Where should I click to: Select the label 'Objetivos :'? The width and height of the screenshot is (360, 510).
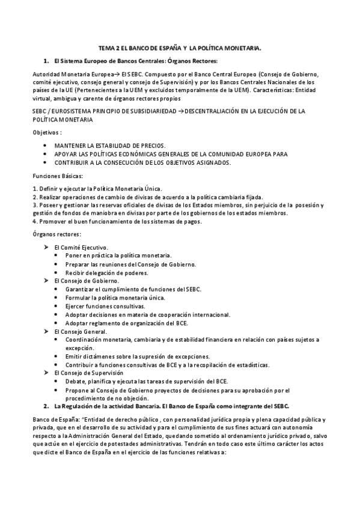coord(47,132)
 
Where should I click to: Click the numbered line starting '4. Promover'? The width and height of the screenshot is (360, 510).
coord(117,221)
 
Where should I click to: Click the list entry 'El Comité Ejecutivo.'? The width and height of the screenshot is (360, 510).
coord(81,247)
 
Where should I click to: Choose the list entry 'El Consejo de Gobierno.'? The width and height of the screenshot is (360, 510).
coord(86,281)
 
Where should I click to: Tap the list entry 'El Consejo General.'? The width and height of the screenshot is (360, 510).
coord(81,331)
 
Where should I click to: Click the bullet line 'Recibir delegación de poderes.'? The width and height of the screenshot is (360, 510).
coord(108,272)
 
